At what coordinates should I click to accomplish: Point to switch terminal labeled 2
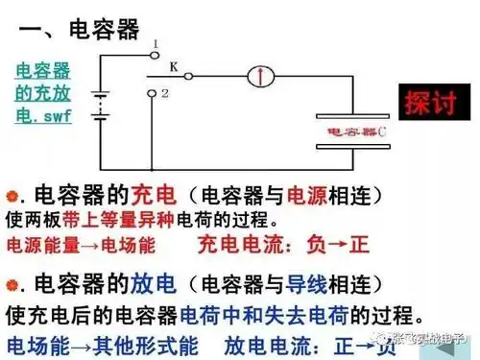click(x=154, y=93)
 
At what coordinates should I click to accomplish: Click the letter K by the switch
click(x=174, y=66)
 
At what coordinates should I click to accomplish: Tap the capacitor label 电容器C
click(x=356, y=130)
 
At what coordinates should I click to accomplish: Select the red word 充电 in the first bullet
click(x=156, y=193)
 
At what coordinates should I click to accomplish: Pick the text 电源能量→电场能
click(x=81, y=244)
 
